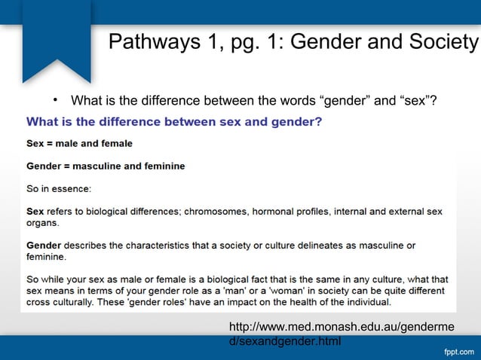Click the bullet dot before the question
click(55, 100)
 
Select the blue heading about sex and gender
click(175, 121)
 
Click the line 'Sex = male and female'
click(79, 143)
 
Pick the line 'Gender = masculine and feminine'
click(106, 165)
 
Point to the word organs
click(42, 222)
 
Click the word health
click(296, 302)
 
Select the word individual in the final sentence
click(367, 302)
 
